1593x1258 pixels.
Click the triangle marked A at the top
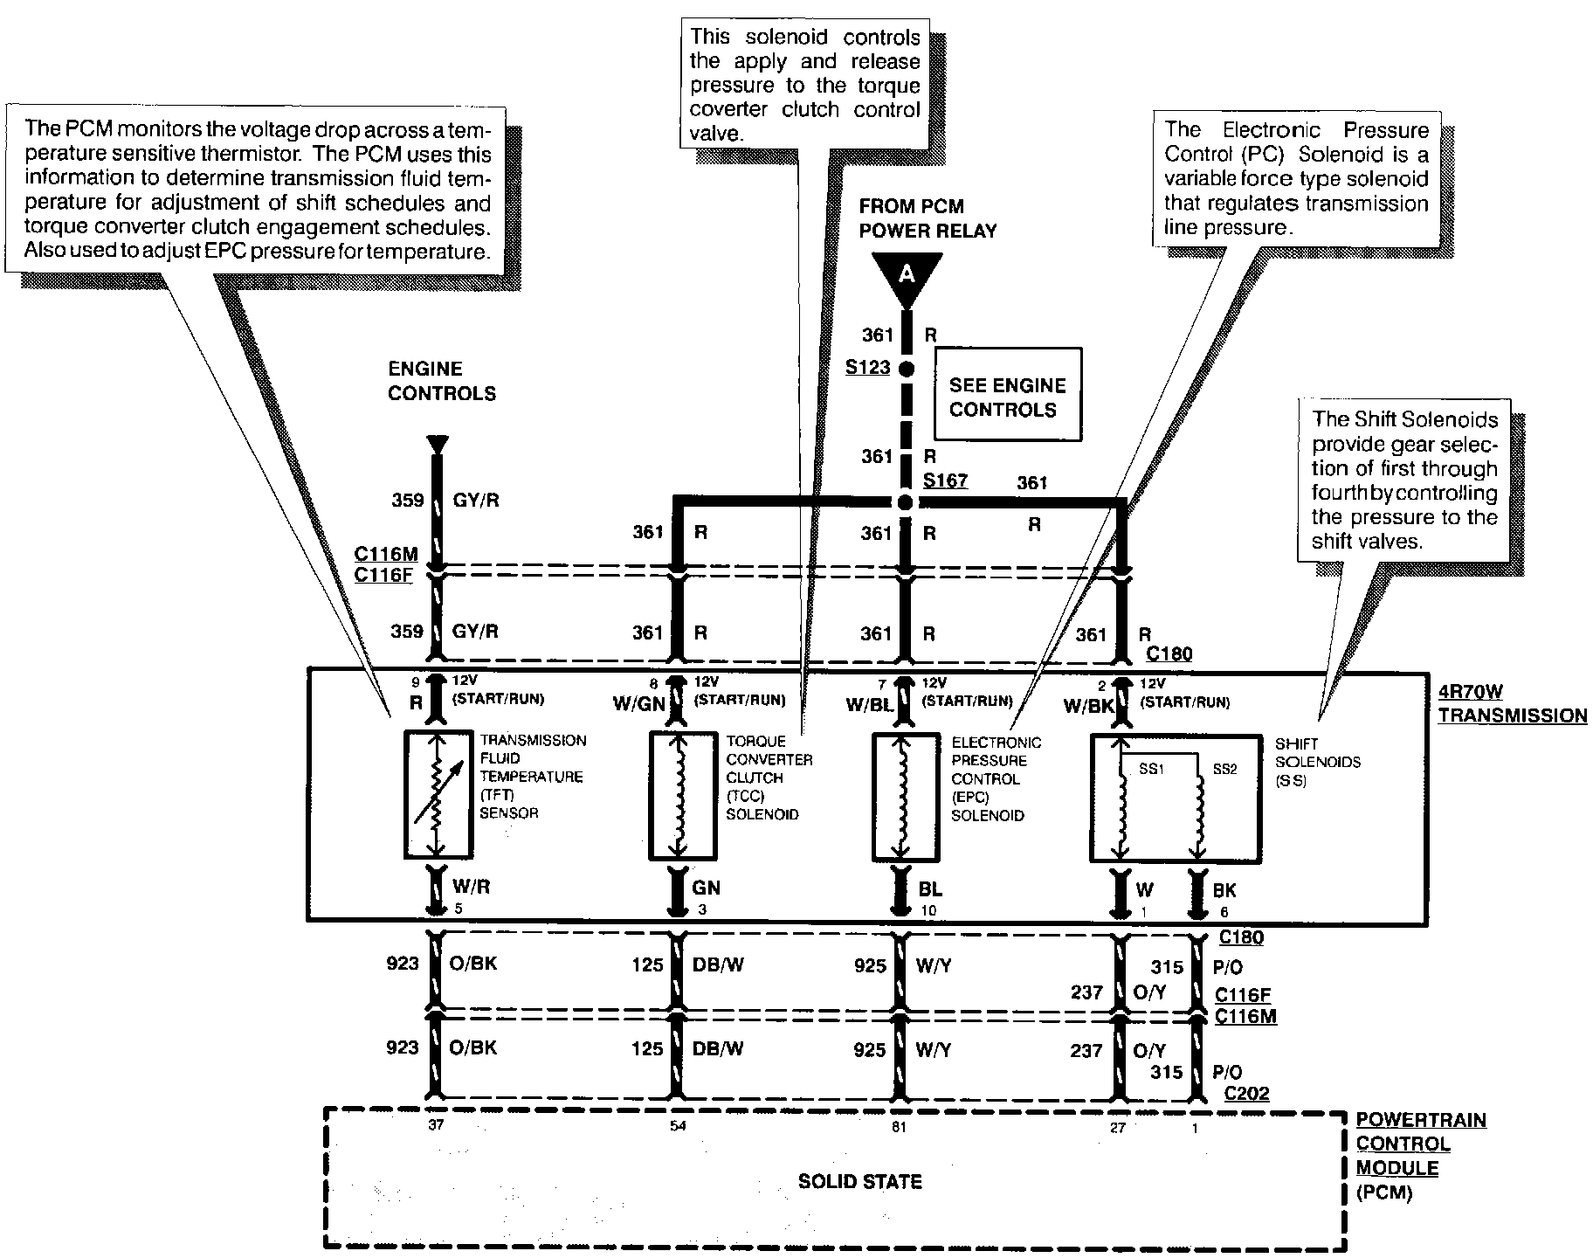pyautogui.click(x=907, y=276)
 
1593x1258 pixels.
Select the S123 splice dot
pyautogui.click(x=907, y=369)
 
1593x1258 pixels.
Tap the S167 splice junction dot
pyautogui.click(x=906, y=502)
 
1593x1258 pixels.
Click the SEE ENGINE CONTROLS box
pyautogui.click(x=1007, y=397)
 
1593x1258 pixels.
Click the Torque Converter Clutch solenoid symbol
pyautogui.click(x=683, y=795)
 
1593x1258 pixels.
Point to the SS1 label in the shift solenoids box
pyautogui.click(x=1151, y=769)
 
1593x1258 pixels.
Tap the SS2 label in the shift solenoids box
pyautogui.click(x=1224, y=769)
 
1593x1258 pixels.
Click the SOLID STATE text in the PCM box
pyautogui.click(x=859, y=1181)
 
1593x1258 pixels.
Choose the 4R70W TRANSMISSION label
pyautogui.click(x=1512, y=704)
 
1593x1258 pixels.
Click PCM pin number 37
pyautogui.click(x=435, y=1125)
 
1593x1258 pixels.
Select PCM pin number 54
pyautogui.click(x=678, y=1125)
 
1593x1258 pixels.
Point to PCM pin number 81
pyautogui.click(x=899, y=1127)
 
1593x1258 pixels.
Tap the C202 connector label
pyautogui.click(x=1245, y=1093)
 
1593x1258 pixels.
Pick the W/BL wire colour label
pyautogui.click(x=868, y=704)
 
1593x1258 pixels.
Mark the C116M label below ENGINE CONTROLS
pyautogui.click(x=386, y=554)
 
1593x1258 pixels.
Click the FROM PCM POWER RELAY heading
pyautogui.click(x=928, y=218)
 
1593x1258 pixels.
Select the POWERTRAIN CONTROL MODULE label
pyautogui.click(x=1420, y=1155)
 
